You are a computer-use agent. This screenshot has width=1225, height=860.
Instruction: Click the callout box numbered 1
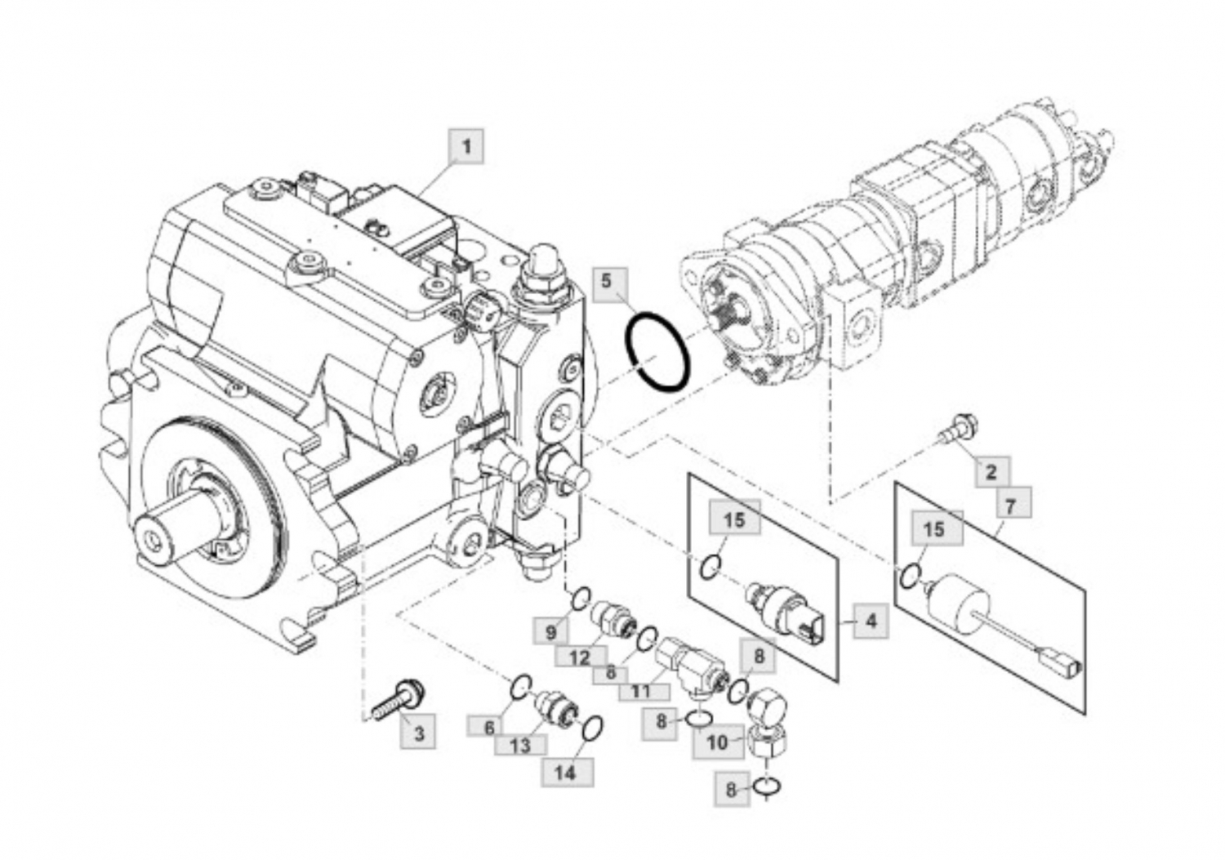tap(466, 146)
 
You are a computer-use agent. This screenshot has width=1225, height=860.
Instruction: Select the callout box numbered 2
tap(992, 471)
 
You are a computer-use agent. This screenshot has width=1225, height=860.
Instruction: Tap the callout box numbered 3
tap(418, 732)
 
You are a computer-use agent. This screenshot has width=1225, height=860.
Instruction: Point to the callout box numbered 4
tap(871, 621)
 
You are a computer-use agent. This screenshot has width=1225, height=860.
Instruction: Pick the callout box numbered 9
tap(550, 633)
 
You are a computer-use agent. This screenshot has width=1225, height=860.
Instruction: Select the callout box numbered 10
tap(718, 742)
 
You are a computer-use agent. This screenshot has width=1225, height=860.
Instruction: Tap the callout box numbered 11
tap(644, 692)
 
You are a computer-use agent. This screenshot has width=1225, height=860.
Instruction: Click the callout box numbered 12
tap(581, 657)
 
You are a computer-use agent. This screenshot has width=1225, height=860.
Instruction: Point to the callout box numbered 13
tap(520, 745)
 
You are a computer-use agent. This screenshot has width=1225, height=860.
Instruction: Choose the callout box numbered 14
tap(567, 773)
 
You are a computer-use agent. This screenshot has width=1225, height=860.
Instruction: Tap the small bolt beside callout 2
tap(958, 427)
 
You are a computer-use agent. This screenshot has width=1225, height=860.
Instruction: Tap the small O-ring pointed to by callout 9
tap(581, 598)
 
